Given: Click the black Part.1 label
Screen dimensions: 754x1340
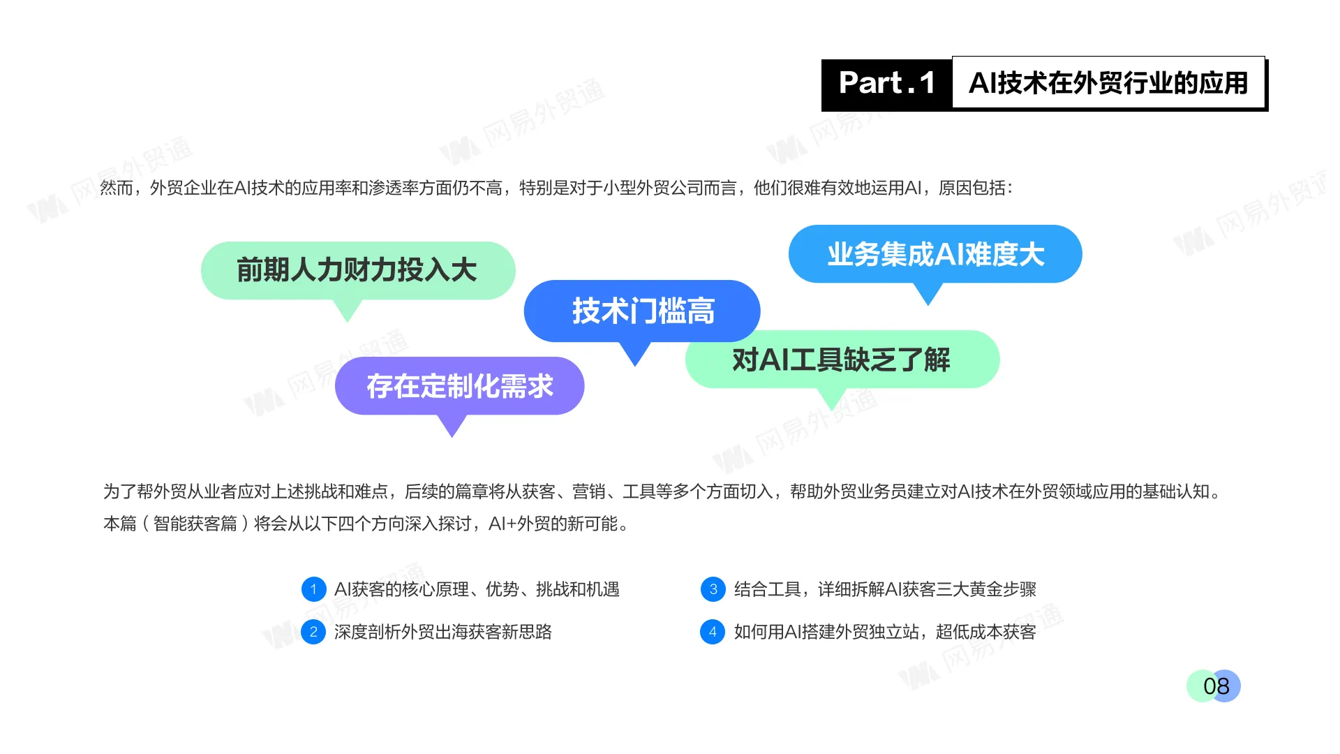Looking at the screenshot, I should click(x=886, y=84).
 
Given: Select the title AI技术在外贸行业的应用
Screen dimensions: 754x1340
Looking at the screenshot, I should click(x=1108, y=83).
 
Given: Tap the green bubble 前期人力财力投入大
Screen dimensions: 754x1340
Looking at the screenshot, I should click(x=357, y=270).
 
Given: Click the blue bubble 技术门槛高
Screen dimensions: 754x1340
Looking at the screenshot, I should click(x=642, y=311).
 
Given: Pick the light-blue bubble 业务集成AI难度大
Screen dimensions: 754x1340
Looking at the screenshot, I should click(x=935, y=254).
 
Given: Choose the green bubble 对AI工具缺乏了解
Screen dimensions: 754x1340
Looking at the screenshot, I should click(x=842, y=360).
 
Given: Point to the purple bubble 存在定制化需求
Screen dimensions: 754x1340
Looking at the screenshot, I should click(x=459, y=386).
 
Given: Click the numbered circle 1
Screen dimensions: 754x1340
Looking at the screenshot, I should click(x=313, y=589).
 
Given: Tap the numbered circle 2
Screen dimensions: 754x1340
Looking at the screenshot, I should click(x=313, y=632).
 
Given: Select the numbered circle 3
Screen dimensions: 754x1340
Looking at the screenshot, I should click(x=713, y=589).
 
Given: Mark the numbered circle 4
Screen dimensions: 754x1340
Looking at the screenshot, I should click(x=713, y=632).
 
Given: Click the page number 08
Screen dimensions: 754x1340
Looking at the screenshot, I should click(x=1215, y=686).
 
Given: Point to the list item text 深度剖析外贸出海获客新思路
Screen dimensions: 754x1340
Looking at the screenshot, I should click(x=442, y=632).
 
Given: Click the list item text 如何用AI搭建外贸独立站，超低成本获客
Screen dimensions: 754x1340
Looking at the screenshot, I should click(x=885, y=632).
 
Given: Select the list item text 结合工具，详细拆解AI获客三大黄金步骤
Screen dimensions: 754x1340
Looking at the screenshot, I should click(x=885, y=589).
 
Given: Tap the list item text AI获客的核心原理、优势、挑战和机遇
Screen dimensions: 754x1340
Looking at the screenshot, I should click(x=477, y=589).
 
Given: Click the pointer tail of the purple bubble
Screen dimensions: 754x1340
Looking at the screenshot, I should click(x=452, y=425).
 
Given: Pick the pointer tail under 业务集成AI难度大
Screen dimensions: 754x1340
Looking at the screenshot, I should click(x=928, y=293).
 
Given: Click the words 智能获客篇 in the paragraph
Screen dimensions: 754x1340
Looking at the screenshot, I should click(x=195, y=524).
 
